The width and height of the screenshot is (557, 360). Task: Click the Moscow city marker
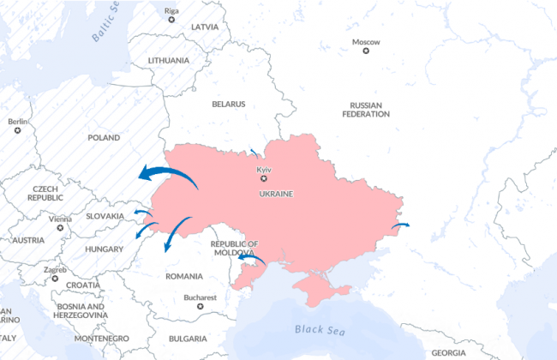click(366, 51)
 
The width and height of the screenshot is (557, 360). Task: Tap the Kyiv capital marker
click(264, 178)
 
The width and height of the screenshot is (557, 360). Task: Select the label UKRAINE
click(276, 194)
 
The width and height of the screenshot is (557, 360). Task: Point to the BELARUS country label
click(229, 104)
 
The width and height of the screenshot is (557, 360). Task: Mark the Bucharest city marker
click(201, 306)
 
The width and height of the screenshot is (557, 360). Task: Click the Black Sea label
click(319, 329)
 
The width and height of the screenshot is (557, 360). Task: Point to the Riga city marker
click(171, 19)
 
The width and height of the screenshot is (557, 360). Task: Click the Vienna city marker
click(60, 228)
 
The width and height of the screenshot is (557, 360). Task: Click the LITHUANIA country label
click(168, 61)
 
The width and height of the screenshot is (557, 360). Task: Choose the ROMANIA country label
click(184, 276)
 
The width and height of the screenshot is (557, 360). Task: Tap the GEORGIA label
click(448, 352)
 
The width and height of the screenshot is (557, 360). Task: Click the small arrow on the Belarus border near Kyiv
click(255, 153)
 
